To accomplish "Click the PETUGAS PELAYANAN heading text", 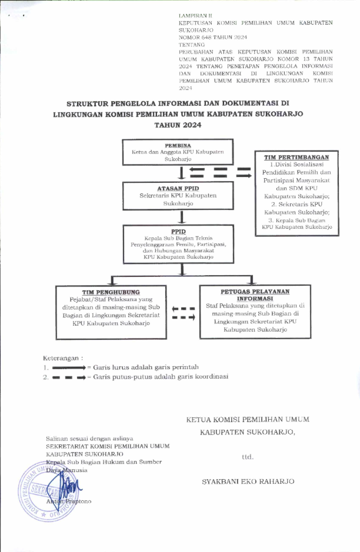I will [x=255, y=292].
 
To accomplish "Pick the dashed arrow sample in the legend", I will [x=69, y=377].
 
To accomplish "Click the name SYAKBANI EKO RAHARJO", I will [x=248, y=481].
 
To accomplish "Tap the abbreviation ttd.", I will [x=248, y=456].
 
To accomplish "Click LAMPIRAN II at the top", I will [x=193, y=15].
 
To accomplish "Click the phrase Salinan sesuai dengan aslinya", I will [x=89, y=438].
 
